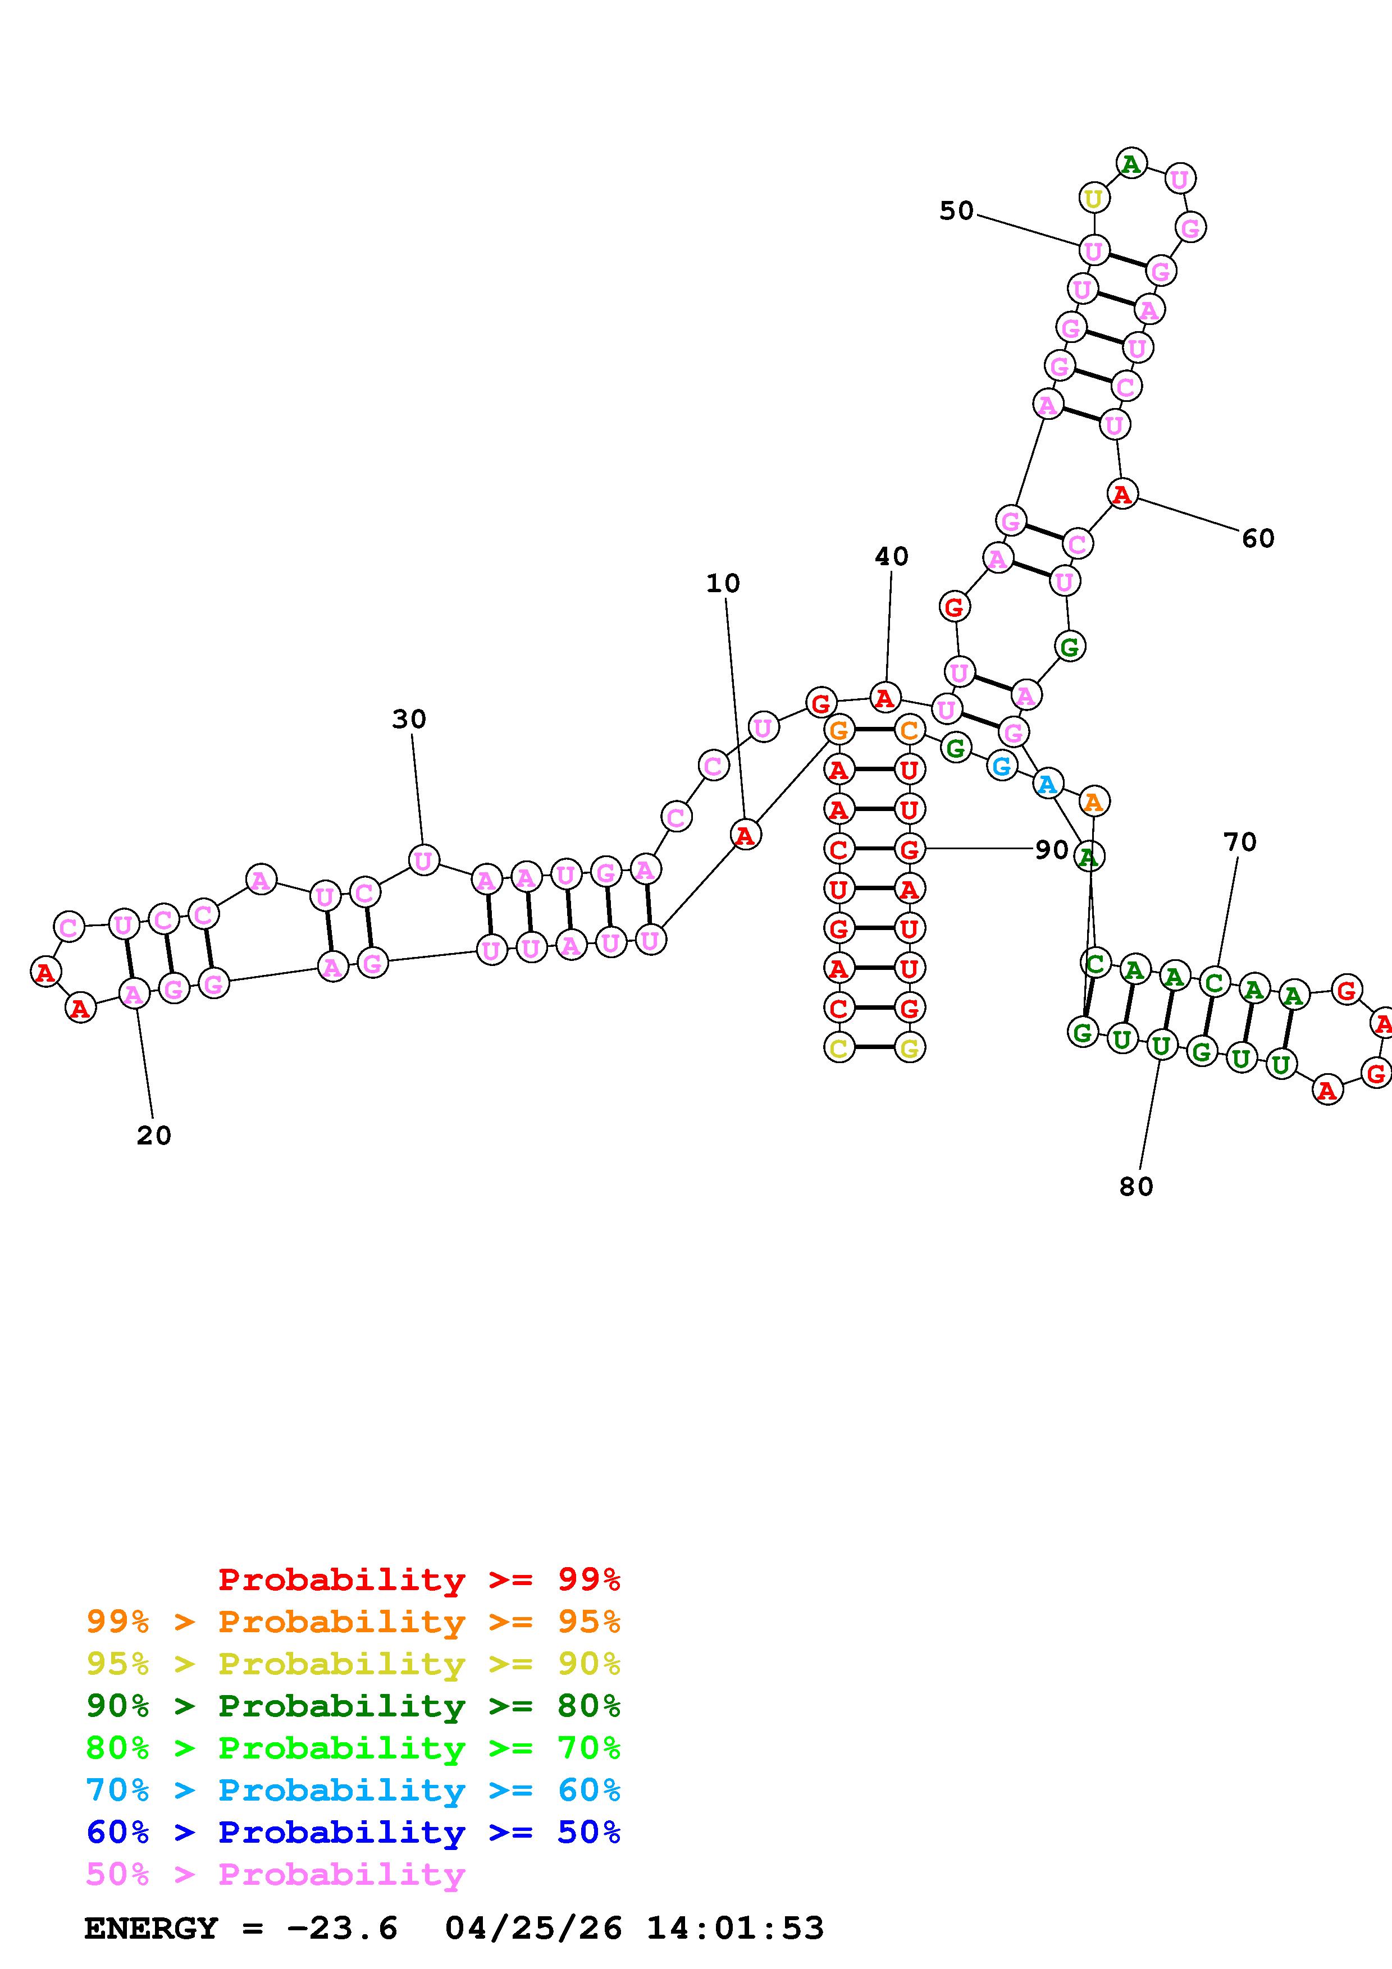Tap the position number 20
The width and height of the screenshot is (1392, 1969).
pos(153,1135)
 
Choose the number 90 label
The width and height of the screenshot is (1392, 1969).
pos(1052,850)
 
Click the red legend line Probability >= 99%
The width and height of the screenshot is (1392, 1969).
pos(419,1579)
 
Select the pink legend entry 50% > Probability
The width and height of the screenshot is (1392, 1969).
pos(275,1875)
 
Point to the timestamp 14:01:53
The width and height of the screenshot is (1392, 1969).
pos(735,1929)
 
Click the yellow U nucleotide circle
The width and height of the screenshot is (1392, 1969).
pos(1093,198)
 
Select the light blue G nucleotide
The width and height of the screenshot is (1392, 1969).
pos(1001,765)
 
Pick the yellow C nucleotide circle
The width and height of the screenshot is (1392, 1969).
pos(839,1047)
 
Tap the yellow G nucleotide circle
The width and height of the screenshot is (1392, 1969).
pos(909,1047)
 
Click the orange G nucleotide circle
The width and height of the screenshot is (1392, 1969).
pos(839,731)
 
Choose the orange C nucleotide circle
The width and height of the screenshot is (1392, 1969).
pos(909,731)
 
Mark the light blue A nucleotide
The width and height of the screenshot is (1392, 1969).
pos(1047,784)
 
